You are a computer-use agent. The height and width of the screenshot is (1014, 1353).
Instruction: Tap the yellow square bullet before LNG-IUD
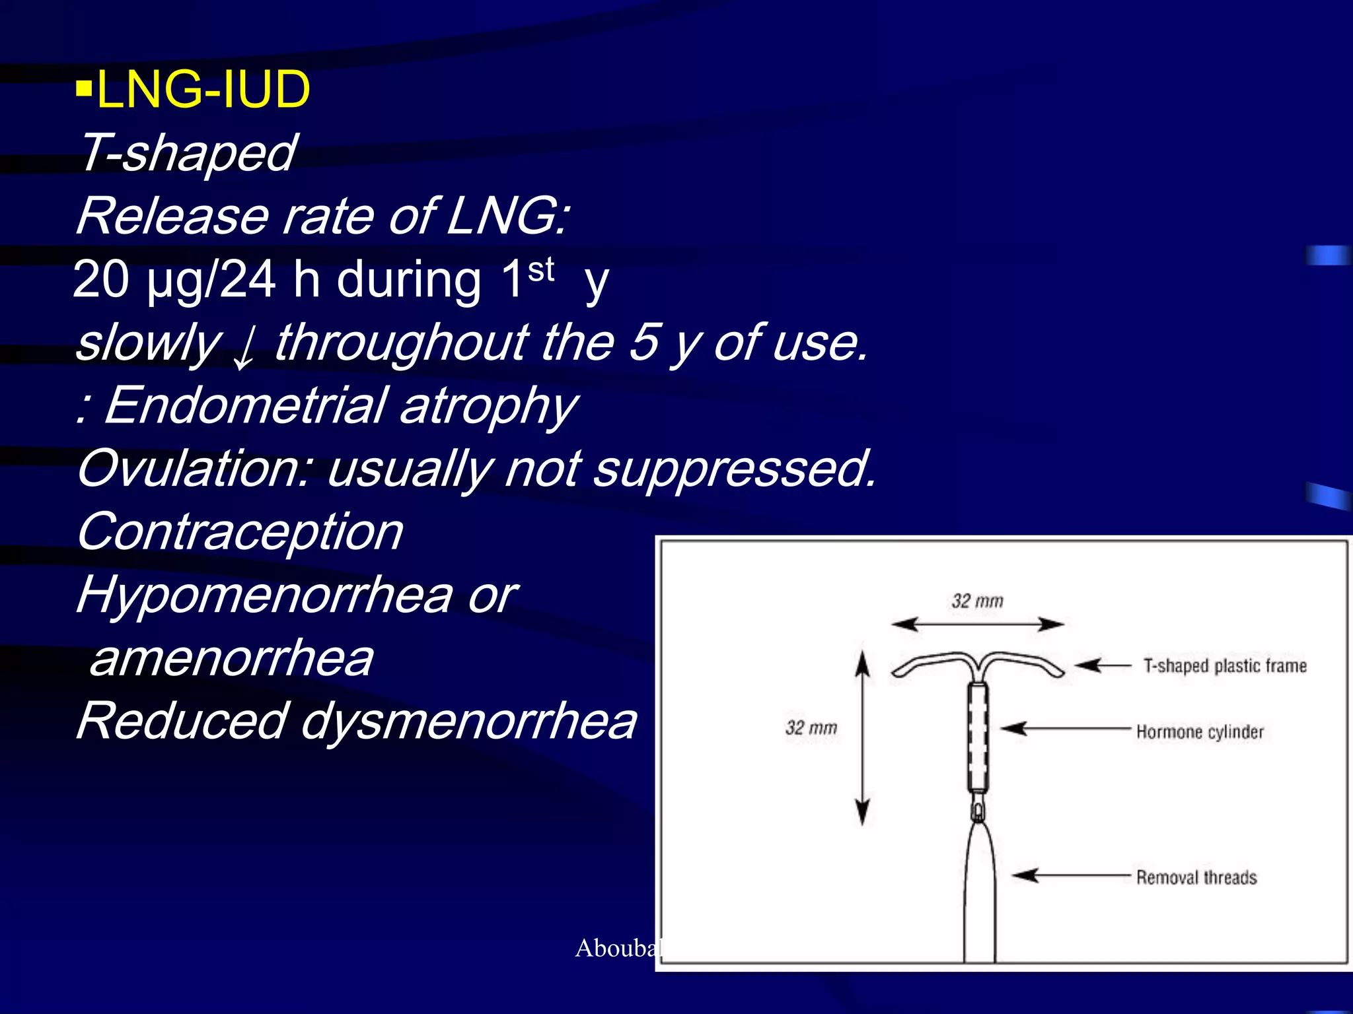pos(83,88)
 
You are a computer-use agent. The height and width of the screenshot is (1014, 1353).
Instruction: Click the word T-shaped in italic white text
pos(187,152)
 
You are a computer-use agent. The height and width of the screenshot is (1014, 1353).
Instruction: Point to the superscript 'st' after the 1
pos(541,269)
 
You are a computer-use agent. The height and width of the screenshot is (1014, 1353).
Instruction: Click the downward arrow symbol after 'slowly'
pos(245,349)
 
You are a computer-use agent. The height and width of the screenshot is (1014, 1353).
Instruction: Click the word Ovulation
pos(192,468)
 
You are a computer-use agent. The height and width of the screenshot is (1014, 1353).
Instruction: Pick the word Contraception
pos(239,531)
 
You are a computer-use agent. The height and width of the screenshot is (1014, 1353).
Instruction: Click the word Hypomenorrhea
pos(264,595)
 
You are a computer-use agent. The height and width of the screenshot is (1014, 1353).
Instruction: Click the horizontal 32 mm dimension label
pos(977,601)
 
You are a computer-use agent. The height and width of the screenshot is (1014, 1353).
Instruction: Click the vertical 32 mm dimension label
pos(811,727)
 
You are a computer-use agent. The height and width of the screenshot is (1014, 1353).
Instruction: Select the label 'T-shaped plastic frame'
pos(1225,665)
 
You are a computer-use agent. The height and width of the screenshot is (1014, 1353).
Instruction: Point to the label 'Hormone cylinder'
pos(1200,731)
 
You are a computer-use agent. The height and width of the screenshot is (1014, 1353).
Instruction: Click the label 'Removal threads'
pos(1196,877)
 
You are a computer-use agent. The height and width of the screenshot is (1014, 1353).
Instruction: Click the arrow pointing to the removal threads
pos(1070,875)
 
